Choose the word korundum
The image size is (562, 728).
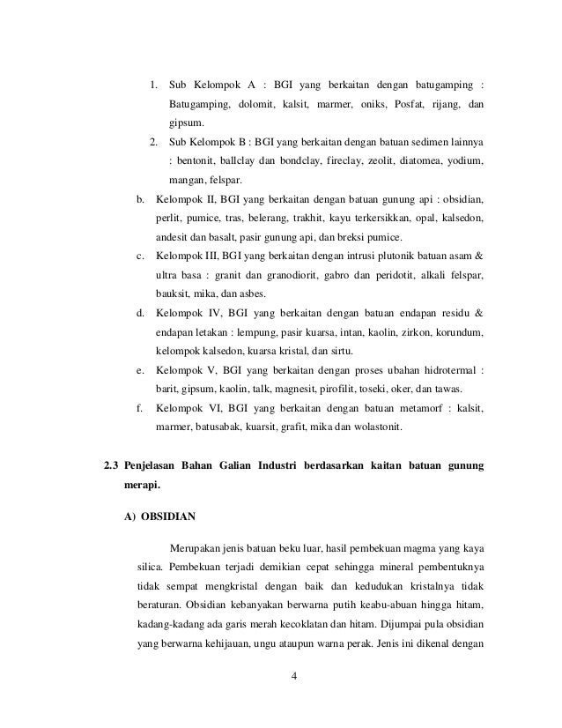click(x=457, y=334)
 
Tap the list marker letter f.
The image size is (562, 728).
click(x=139, y=410)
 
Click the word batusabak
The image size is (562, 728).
click(x=215, y=429)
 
